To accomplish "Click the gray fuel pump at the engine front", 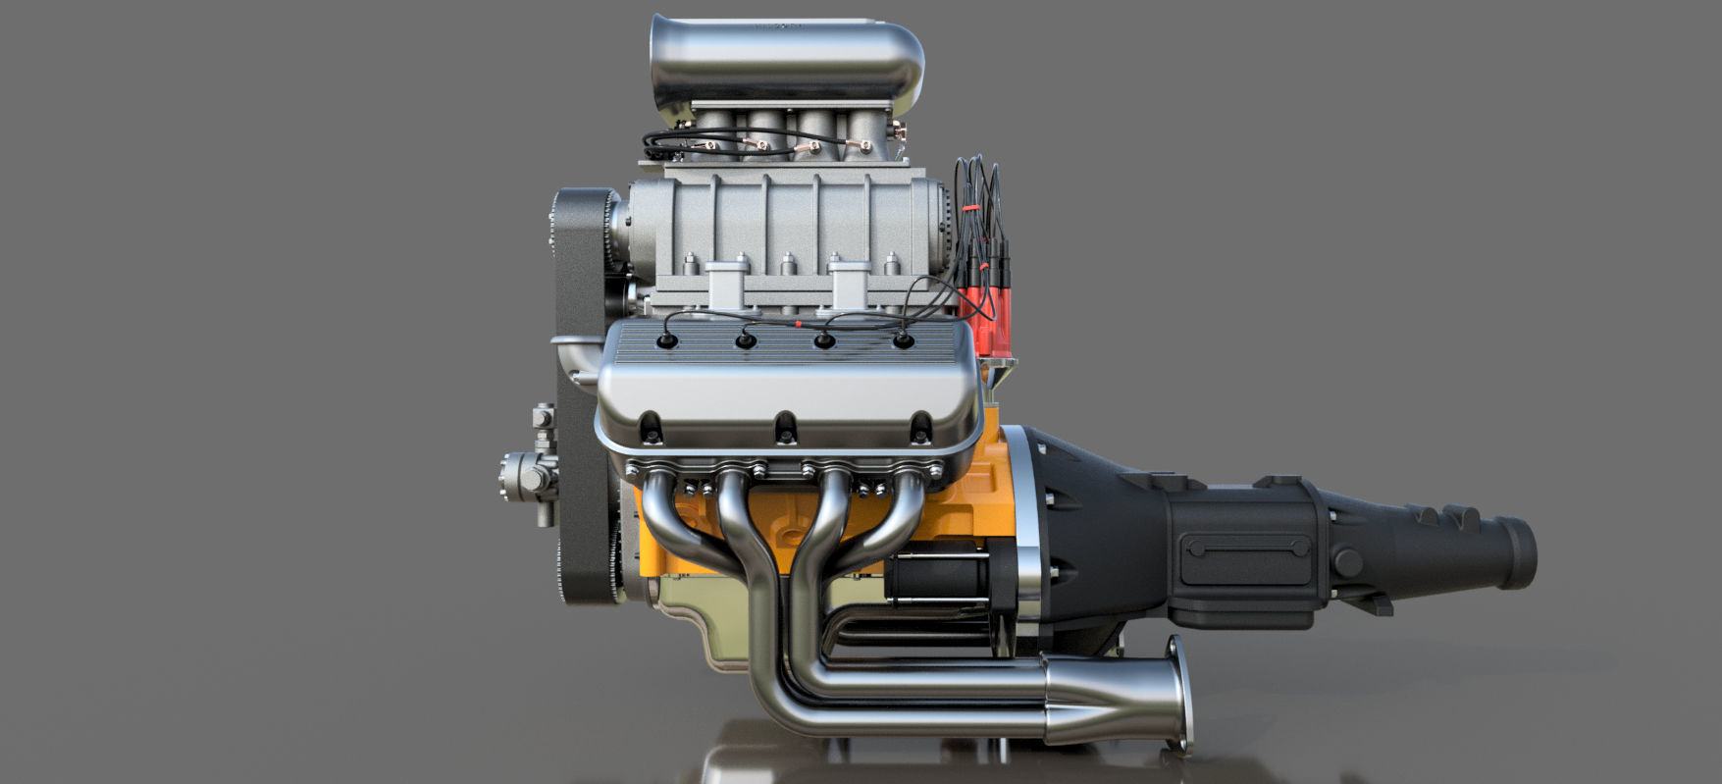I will pyautogui.click(x=525, y=478).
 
